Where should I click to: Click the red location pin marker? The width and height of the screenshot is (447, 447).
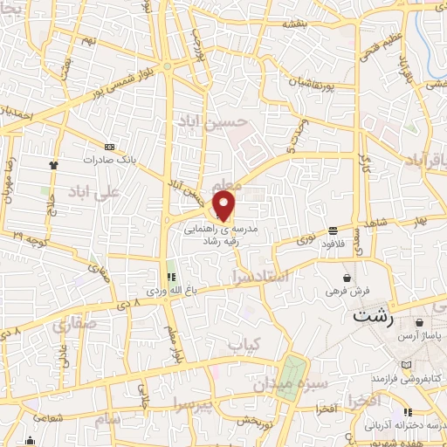224,206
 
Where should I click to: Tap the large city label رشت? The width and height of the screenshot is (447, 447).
374,317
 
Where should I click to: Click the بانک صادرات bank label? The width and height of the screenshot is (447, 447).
107,161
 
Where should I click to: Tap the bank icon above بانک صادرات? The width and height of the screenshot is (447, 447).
108,147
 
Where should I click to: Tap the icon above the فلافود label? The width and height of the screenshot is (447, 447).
334,231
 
